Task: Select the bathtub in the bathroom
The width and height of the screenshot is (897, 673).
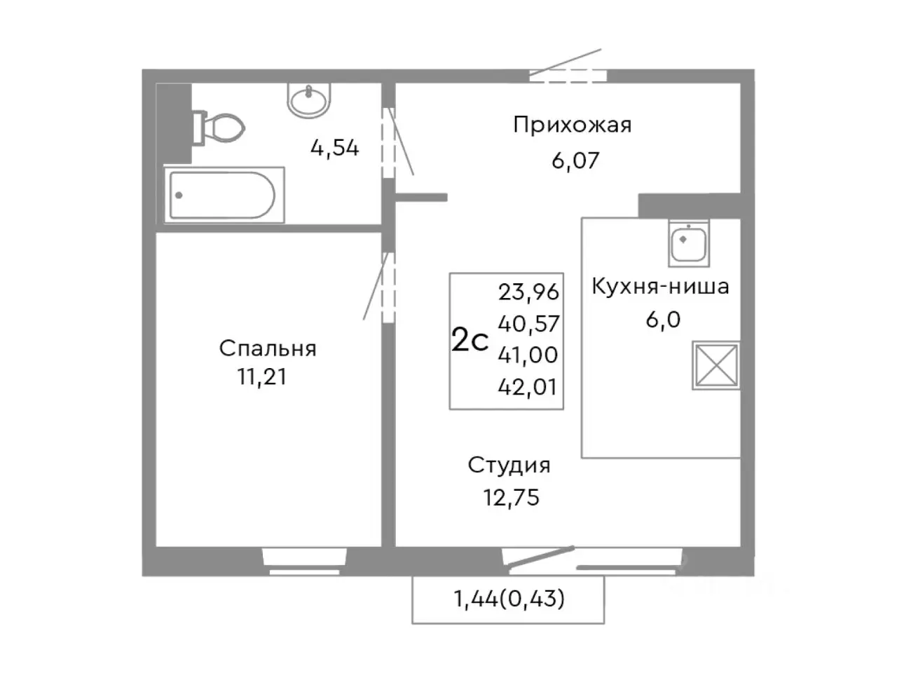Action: click(x=224, y=194)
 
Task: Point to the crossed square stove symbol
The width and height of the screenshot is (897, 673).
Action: click(x=716, y=365)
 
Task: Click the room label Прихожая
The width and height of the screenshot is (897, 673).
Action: click(x=572, y=125)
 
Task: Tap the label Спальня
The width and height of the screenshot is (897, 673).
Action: click(x=267, y=348)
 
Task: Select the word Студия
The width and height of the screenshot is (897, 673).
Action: click(x=509, y=465)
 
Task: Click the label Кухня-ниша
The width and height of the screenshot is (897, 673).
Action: click(x=660, y=286)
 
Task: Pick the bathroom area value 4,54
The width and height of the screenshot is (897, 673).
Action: click(x=334, y=148)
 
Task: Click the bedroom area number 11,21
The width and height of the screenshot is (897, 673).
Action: click(x=261, y=377)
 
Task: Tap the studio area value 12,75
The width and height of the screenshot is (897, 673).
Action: click(x=511, y=497)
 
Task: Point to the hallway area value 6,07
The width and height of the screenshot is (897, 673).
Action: click(x=575, y=161)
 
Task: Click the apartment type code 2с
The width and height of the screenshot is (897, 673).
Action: click(x=470, y=341)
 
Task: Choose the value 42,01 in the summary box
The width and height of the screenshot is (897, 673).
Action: click(x=528, y=386)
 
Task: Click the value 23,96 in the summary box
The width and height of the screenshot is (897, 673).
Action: click(x=528, y=290)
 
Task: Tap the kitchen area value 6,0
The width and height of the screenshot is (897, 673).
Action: click(x=663, y=320)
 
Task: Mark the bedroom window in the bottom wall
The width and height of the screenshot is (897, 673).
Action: click(x=304, y=560)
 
